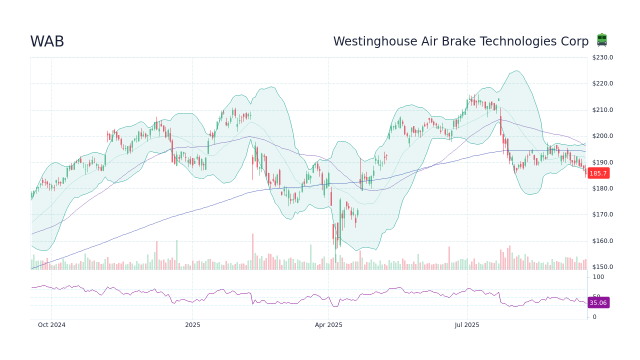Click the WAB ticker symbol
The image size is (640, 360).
[47, 42]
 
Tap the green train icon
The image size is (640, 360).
[602, 40]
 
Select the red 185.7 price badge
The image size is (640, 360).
[598, 173]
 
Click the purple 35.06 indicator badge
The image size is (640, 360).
[598, 302]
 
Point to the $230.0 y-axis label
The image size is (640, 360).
[602, 57]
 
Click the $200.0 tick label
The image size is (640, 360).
[602, 136]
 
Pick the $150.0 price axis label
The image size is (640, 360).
[602, 267]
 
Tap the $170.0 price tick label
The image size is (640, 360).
[602, 214]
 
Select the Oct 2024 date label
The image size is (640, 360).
[51, 325]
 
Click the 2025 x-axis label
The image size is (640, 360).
[192, 325]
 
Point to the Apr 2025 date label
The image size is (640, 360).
[328, 325]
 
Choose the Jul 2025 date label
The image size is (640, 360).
[467, 325]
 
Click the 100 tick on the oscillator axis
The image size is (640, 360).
[598, 277]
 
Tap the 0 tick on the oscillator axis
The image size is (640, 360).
[594, 317]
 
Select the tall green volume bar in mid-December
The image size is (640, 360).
[176, 255]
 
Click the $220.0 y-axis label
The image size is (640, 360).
[602, 83]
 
